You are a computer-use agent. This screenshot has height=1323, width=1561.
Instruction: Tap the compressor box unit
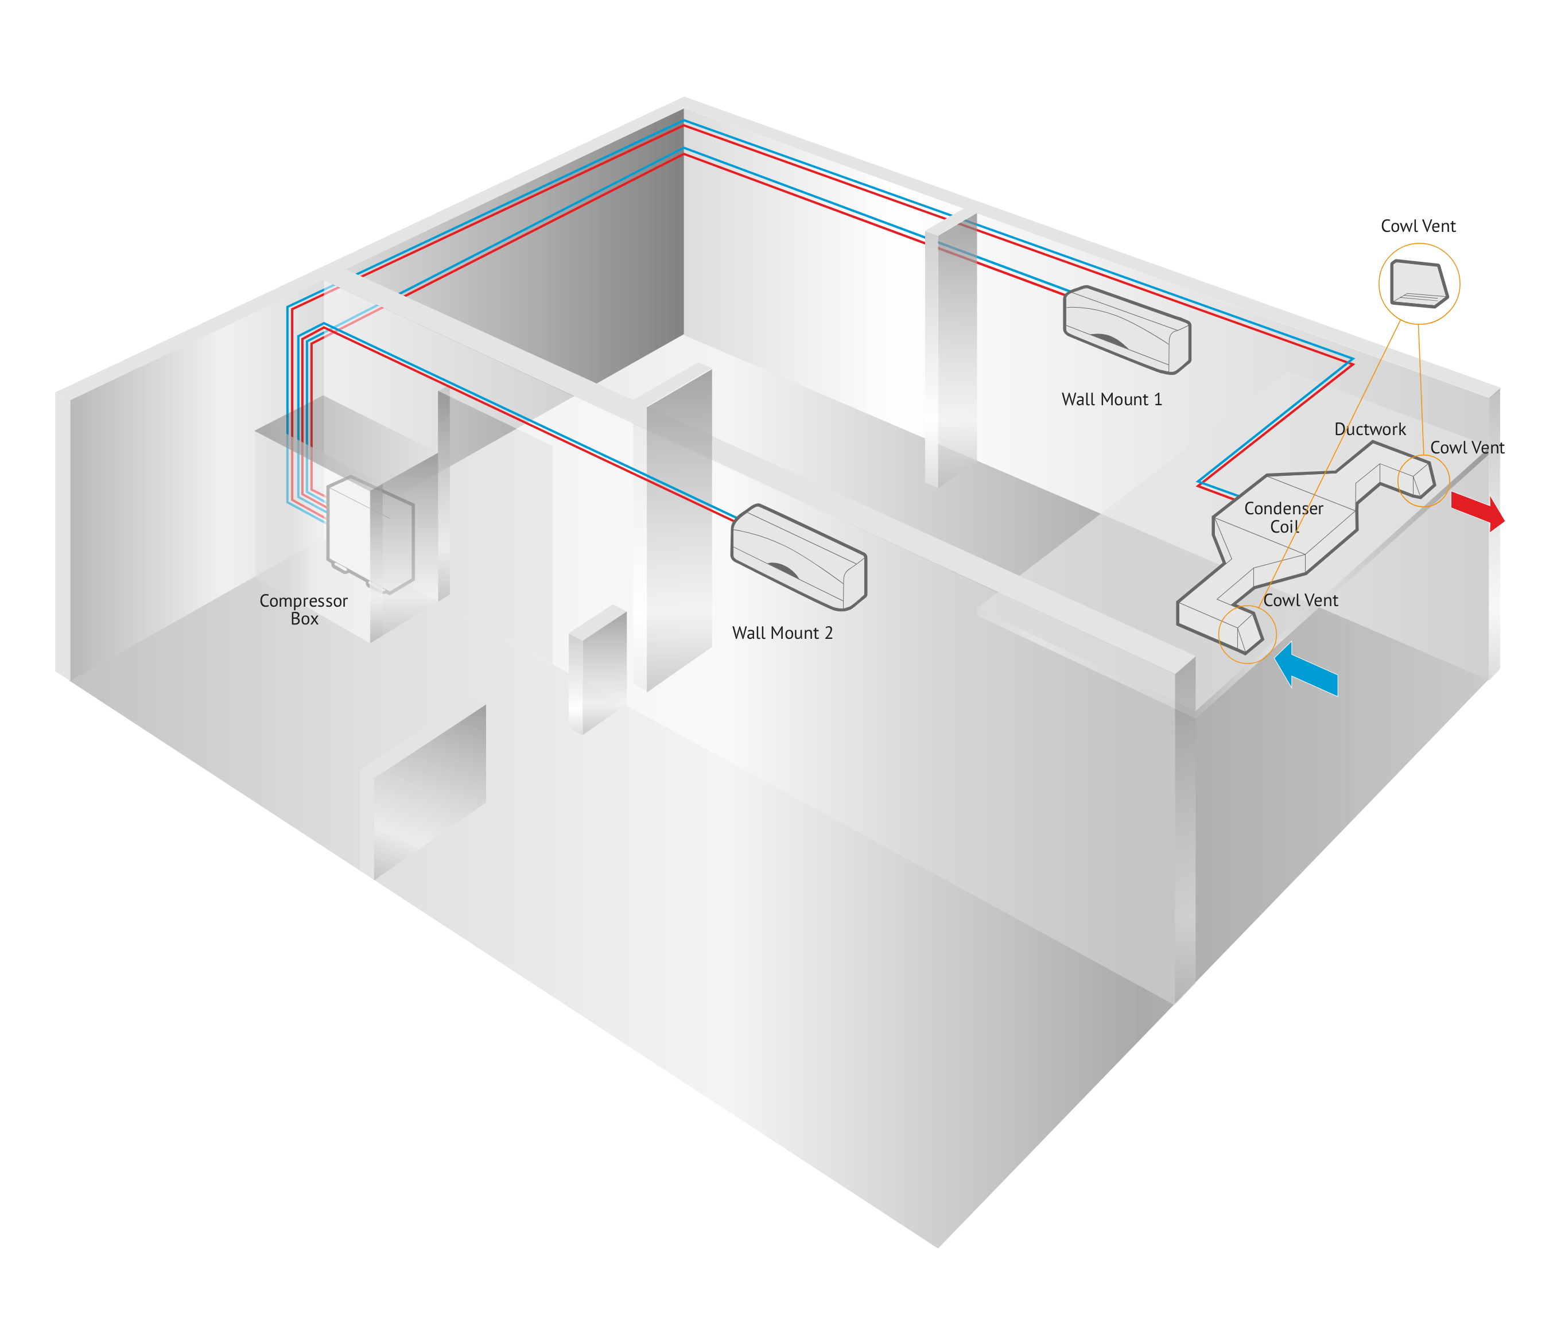point(370,533)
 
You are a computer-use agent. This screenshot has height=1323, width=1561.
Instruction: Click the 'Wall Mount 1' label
point(1111,399)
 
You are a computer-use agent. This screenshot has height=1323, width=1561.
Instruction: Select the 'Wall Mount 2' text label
point(782,633)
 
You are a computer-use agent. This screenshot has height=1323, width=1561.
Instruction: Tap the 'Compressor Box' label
point(304,610)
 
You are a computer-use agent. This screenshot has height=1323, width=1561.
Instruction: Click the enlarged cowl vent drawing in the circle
point(1419,284)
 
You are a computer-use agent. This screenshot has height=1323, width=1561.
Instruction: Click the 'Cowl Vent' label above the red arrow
point(1466,448)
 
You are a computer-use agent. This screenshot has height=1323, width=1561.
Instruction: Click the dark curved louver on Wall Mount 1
point(1109,342)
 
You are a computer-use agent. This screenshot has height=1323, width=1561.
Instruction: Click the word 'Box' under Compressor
point(304,619)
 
